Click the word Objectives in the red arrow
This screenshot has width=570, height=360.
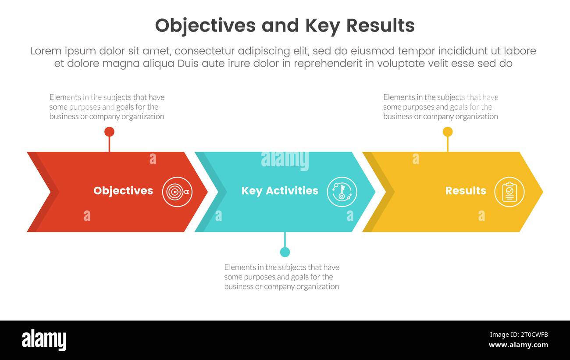click(x=123, y=191)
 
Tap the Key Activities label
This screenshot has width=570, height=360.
click(x=280, y=191)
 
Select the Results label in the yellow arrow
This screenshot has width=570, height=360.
click(x=465, y=191)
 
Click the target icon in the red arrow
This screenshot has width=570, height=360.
click(x=177, y=192)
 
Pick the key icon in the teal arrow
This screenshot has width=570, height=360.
click(x=342, y=192)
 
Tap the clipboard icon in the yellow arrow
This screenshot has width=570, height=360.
click(x=509, y=192)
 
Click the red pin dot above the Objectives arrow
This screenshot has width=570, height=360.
click(x=109, y=132)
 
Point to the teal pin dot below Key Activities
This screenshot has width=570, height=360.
click(x=285, y=252)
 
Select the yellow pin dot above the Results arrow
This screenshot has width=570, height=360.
click(x=447, y=132)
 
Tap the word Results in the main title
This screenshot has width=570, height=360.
click(x=380, y=26)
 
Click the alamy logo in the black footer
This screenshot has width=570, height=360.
click(x=44, y=340)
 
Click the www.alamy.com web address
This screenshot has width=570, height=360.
click(x=518, y=345)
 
